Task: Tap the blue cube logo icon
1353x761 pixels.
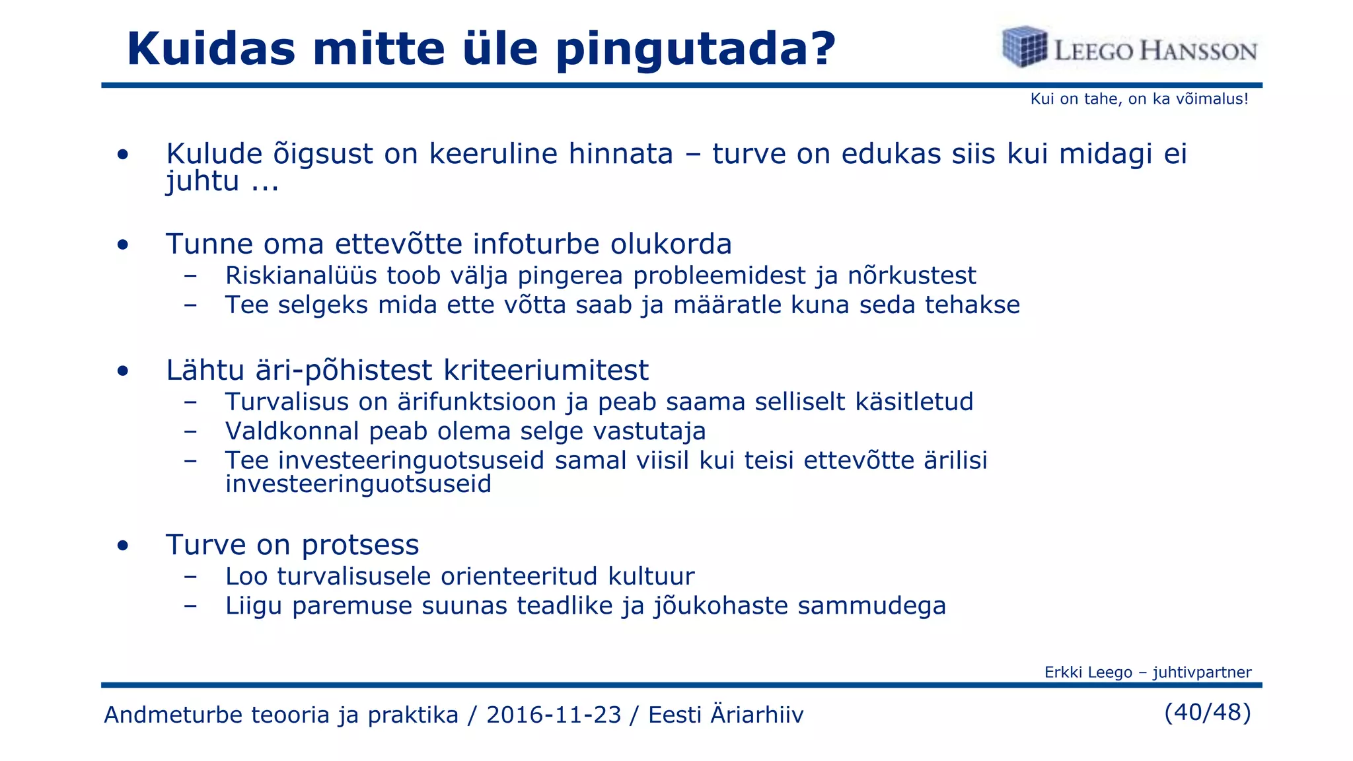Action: (1025, 47)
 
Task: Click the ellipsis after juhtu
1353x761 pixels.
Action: (265, 183)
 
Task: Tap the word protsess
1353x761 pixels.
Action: (360, 545)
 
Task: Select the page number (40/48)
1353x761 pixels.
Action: (1208, 712)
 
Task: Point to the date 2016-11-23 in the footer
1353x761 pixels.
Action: (554, 715)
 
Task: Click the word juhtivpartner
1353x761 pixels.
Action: (1202, 672)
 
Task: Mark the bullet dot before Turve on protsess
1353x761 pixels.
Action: (123, 546)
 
